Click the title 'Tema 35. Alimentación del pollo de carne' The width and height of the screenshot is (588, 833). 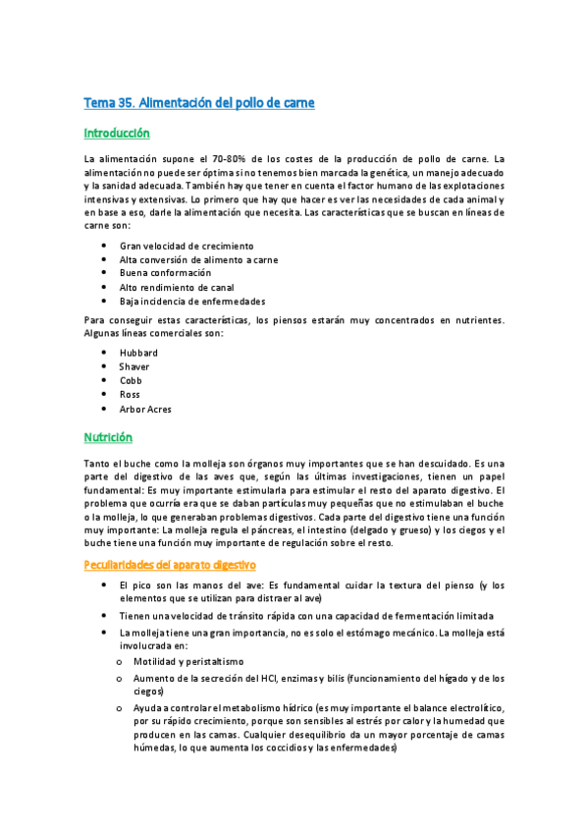(x=198, y=102)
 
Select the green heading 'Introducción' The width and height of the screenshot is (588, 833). (x=116, y=133)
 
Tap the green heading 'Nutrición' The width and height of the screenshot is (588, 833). (x=108, y=437)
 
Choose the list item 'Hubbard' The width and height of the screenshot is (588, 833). (x=138, y=353)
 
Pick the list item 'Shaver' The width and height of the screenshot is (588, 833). (x=134, y=366)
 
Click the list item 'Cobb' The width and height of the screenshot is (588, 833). (x=132, y=380)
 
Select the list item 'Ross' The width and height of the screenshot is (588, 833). (x=130, y=394)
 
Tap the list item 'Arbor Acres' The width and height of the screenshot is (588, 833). (x=145, y=409)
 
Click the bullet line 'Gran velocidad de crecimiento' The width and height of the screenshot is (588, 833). (x=187, y=246)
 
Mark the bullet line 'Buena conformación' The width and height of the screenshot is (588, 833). (x=165, y=273)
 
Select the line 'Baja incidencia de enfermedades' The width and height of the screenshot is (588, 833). (x=192, y=302)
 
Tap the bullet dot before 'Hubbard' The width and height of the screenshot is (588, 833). (x=105, y=353)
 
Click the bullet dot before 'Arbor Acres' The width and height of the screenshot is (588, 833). (x=105, y=409)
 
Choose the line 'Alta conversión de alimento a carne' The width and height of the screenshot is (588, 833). (x=199, y=259)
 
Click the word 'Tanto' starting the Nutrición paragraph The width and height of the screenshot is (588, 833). (x=97, y=463)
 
